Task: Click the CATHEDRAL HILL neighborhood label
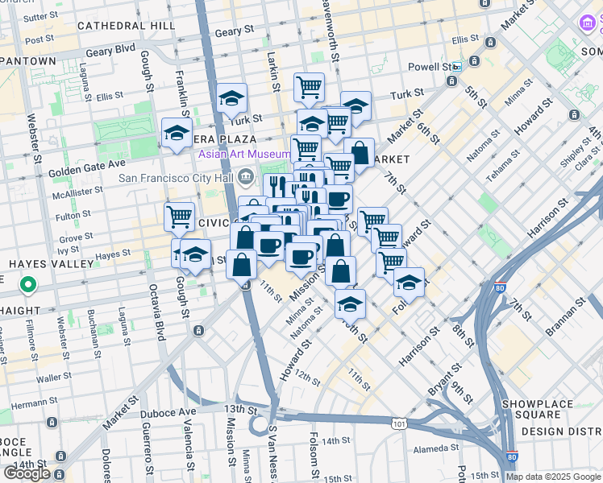point(127,26)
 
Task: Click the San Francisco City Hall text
point(175,178)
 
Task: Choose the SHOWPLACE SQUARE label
point(548,409)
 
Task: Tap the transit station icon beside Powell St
point(456,67)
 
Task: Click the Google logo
point(28,473)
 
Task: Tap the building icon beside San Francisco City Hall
point(247,178)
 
